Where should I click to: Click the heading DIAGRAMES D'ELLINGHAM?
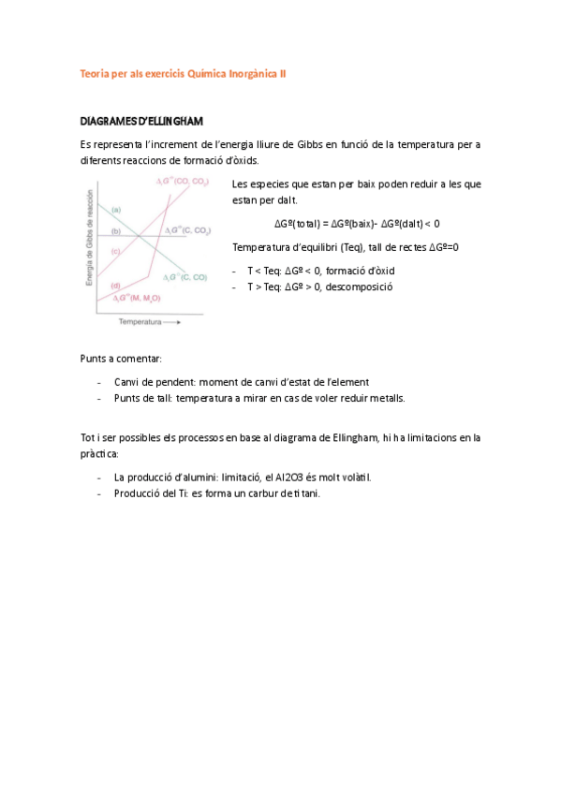140,122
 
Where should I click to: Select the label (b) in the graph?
115,230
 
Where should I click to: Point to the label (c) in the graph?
115,252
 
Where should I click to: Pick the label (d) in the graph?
115,285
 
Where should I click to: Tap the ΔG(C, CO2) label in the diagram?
186,229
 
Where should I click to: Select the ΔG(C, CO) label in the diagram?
185,277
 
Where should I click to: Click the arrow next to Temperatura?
172,321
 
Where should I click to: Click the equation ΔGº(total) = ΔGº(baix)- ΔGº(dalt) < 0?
357,224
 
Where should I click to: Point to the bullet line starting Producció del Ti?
216,493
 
